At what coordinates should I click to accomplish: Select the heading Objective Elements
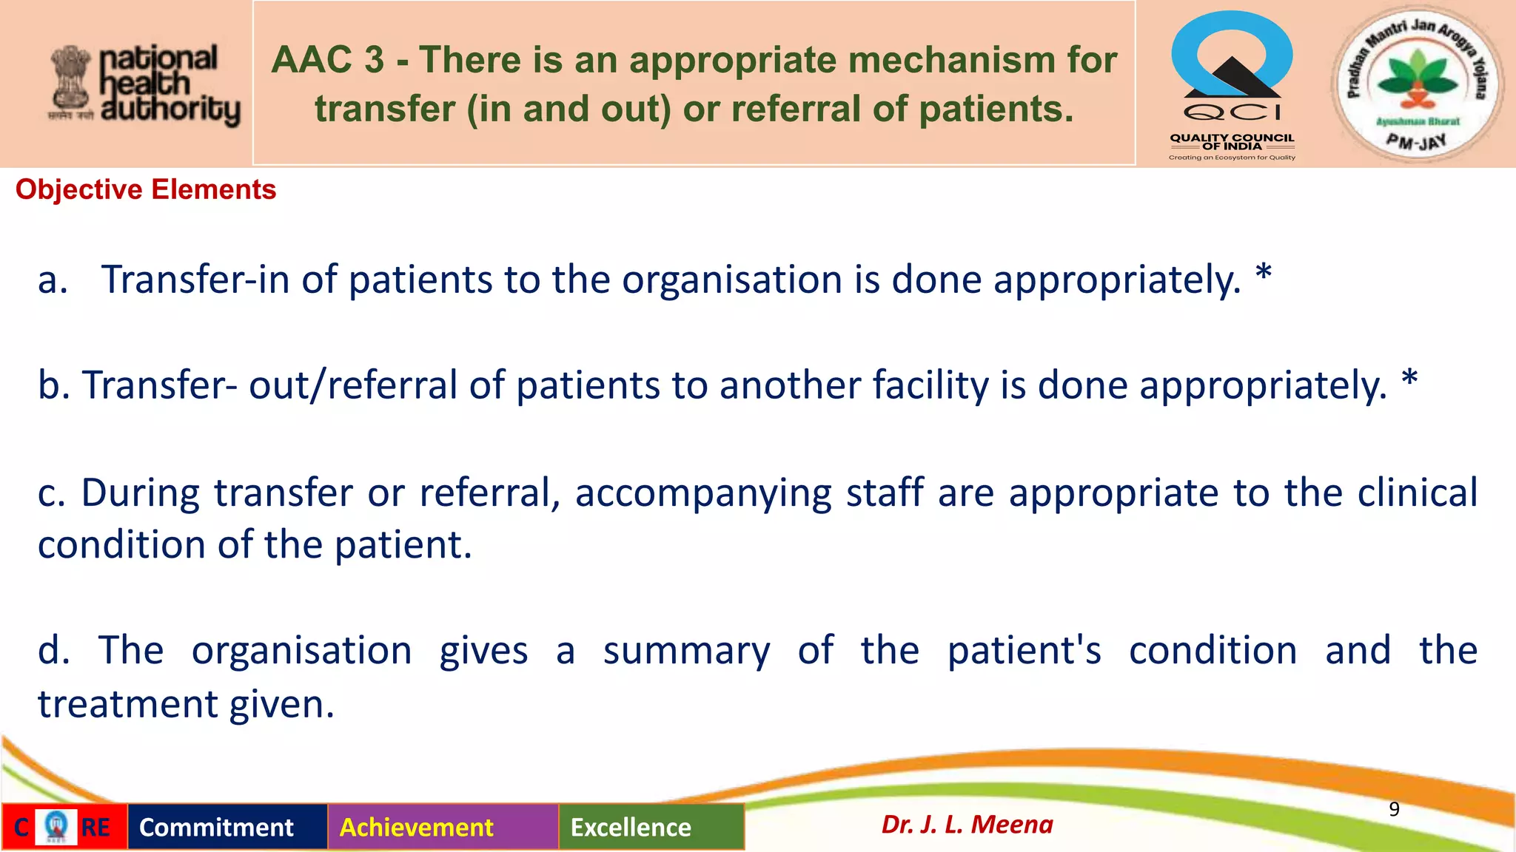(x=146, y=190)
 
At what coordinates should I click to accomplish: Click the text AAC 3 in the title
(x=327, y=60)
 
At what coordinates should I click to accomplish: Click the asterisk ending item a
(x=1264, y=274)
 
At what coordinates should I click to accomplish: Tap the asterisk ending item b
(x=1409, y=380)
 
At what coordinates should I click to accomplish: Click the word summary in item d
(x=686, y=652)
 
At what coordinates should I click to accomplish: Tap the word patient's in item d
(x=1024, y=652)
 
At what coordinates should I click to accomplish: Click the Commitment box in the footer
(x=217, y=827)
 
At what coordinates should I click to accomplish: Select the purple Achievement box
(x=417, y=827)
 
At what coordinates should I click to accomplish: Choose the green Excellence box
(x=631, y=827)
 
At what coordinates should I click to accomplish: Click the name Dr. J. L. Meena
(x=967, y=825)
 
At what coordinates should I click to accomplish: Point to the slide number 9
(x=1394, y=809)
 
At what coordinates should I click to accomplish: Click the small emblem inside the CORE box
(x=56, y=826)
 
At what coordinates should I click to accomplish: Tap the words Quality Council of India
(x=1232, y=142)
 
